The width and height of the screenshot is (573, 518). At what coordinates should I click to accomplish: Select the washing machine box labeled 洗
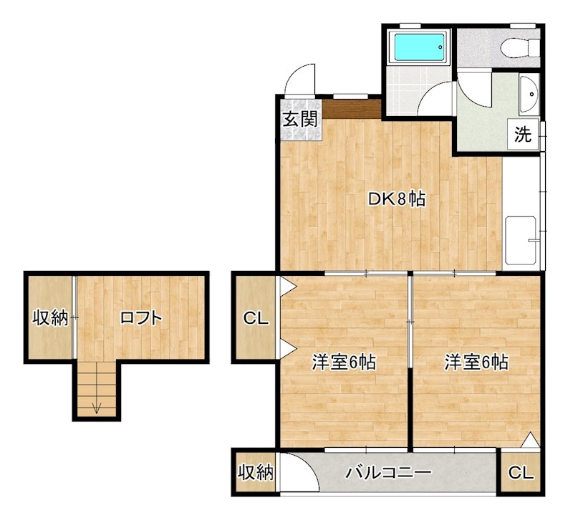(x=524, y=135)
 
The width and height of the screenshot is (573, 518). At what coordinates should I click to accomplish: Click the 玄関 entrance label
(x=299, y=119)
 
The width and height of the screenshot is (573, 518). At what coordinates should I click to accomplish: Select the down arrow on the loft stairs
(x=96, y=408)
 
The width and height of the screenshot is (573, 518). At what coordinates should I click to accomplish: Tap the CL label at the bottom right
(x=521, y=473)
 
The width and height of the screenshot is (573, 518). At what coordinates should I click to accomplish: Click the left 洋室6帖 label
(x=344, y=363)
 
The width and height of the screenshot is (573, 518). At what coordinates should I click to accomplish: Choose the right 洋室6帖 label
(x=476, y=363)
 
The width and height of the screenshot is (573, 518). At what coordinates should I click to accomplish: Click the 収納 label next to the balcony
(x=256, y=473)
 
